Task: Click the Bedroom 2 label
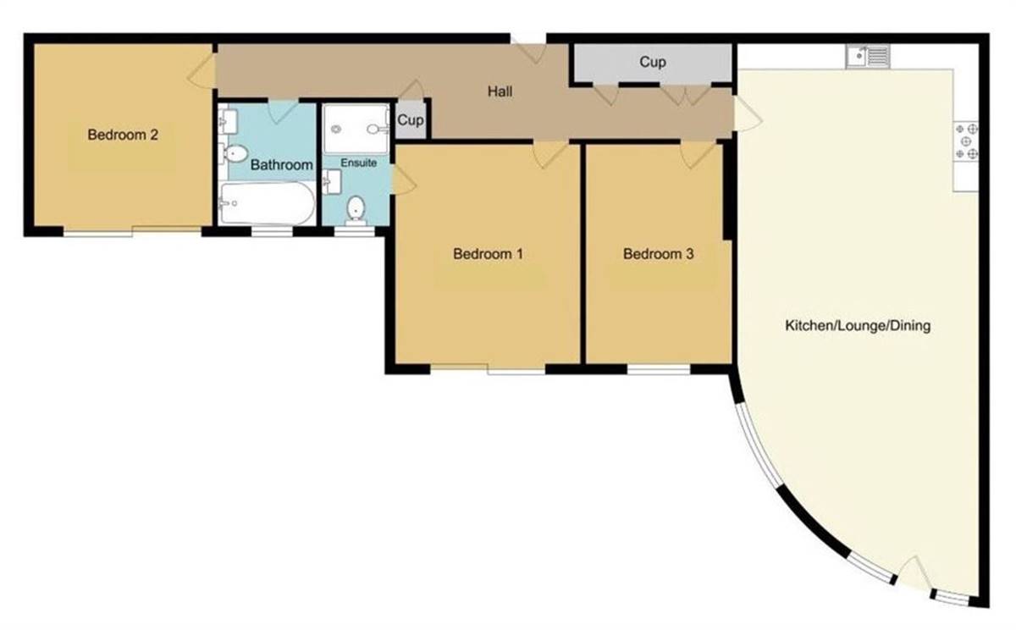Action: (124, 134)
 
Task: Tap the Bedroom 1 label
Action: (488, 253)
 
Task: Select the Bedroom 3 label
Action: (658, 253)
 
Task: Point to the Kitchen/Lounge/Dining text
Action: (858, 325)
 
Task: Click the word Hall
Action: (500, 91)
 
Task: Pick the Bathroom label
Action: (281, 164)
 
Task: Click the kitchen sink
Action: (867, 57)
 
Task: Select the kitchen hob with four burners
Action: (967, 141)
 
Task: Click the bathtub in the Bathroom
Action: (266, 203)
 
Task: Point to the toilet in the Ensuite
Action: (356, 208)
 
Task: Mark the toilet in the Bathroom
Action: (234, 153)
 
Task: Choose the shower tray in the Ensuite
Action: (354, 129)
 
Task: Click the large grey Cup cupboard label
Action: (652, 62)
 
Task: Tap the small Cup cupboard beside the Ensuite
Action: (411, 120)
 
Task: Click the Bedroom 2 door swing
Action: (200, 66)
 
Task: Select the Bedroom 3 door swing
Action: (698, 152)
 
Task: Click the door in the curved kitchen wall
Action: (913, 575)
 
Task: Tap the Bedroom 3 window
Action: (659, 369)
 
